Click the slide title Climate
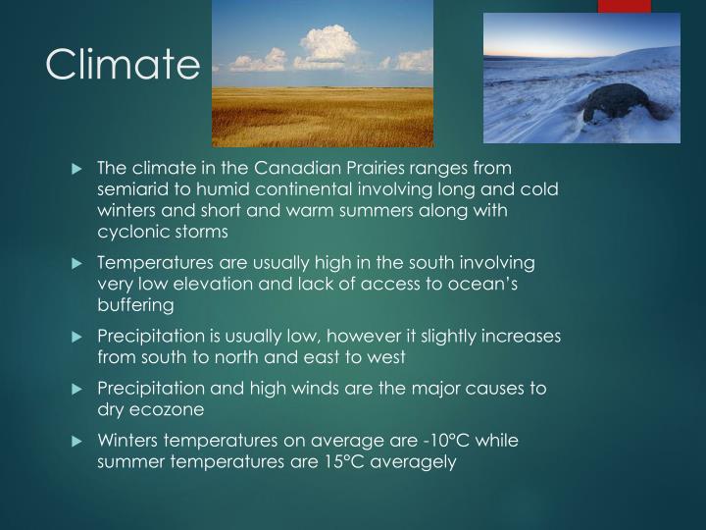[x=123, y=65]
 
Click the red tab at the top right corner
[x=624, y=6]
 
